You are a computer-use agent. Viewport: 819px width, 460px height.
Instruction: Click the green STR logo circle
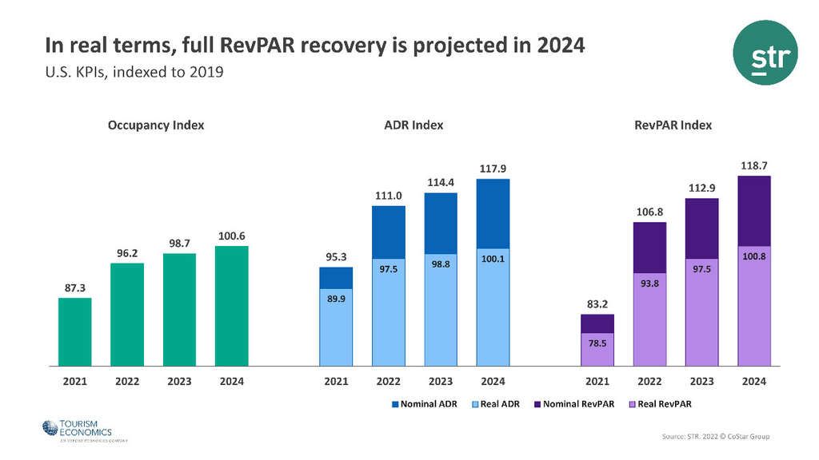(765, 53)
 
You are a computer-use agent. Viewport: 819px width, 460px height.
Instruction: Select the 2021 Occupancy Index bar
(75, 331)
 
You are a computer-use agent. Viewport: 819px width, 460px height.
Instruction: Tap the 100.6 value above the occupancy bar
(232, 236)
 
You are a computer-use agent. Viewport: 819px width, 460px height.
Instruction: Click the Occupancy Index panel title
(156, 125)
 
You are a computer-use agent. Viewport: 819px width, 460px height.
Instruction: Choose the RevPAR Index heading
(673, 125)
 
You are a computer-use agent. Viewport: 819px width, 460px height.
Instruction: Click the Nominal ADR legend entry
(425, 404)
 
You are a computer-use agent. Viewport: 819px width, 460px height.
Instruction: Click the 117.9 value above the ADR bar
(493, 169)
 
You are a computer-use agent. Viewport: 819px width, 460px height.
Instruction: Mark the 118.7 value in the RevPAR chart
(754, 165)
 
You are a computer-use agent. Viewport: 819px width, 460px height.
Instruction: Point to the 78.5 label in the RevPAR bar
(597, 343)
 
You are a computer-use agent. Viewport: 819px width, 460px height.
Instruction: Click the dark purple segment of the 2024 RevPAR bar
(754, 211)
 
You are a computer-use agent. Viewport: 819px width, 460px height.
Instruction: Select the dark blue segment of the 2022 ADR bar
(389, 232)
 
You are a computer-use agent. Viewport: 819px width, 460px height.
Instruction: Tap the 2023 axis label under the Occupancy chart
(179, 382)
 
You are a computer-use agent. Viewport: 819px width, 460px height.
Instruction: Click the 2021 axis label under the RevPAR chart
(597, 382)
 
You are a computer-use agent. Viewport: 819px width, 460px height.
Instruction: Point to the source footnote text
(716, 436)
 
